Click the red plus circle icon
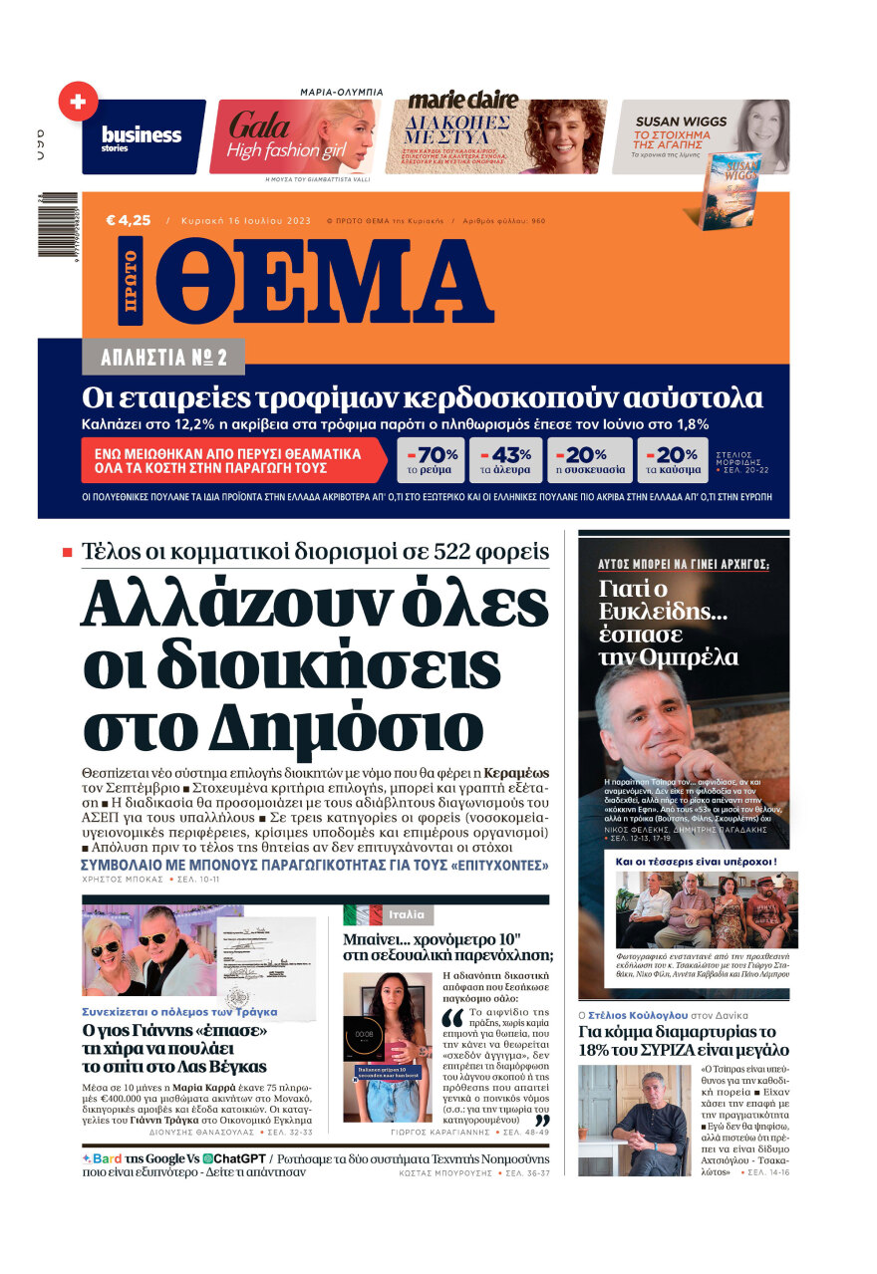click(78, 102)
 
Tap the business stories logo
click(142, 136)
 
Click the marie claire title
click(463, 100)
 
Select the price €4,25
click(129, 220)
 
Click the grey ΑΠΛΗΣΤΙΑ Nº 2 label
click(163, 357)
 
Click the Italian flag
click(362, 914)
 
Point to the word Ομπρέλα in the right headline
click(669, 657)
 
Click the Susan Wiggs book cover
click(731, 191)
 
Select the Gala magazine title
click(259, 125)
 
